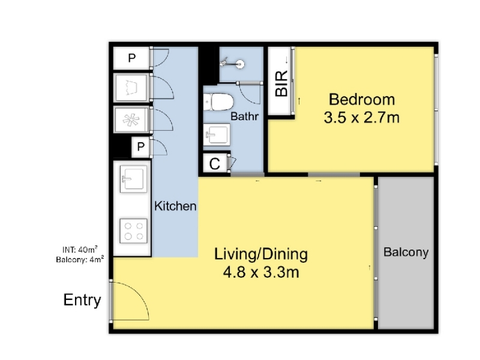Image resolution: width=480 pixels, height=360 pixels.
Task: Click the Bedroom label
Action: [x=362, y=100]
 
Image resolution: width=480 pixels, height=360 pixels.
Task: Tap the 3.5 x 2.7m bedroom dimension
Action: [x=362, y=118]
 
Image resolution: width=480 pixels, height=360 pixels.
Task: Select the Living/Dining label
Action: [x=261, y=254]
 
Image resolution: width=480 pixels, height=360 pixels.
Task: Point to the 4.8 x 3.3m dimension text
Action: [x=261, y=272]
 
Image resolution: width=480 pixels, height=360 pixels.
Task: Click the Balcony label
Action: [x=406, y=252]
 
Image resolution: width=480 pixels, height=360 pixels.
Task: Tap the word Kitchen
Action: [x=175, y=206]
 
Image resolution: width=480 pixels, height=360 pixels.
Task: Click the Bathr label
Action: [x=244, y=116]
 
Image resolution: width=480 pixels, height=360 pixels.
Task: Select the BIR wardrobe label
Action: [x=281, y=83]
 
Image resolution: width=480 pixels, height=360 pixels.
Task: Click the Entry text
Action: [x=82, y=301]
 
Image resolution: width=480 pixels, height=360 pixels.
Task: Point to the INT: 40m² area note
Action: [x=80, y=250]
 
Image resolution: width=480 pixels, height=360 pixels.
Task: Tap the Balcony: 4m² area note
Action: [x=80, y=260]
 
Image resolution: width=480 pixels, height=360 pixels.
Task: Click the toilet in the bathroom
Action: [x=218, y=102]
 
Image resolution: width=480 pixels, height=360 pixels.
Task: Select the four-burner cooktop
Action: [x=133, y=231]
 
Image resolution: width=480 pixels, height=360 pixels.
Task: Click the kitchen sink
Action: [x=133, y=179]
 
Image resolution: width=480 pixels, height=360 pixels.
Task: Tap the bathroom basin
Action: [x=217, y=134]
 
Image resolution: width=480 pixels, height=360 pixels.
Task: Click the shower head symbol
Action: [x=233, y=64]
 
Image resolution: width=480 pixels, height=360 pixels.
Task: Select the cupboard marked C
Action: [x=215, y=163]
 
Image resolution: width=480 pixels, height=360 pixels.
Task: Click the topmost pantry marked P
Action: [x=131, y=58]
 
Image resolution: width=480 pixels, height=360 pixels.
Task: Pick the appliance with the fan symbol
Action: [x=131, y=119]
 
